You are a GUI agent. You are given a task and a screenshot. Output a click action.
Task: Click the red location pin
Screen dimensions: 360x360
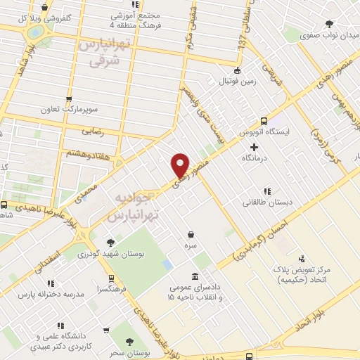pos(181,165)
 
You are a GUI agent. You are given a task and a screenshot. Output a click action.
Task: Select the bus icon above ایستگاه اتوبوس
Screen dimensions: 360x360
pos(264,120)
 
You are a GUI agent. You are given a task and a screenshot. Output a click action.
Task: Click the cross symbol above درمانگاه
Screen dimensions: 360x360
pos(254,147)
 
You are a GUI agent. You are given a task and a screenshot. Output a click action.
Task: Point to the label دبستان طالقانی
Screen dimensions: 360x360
pos(266,203)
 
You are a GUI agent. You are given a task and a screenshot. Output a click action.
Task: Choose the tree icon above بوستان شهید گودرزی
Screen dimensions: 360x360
pos(110,243)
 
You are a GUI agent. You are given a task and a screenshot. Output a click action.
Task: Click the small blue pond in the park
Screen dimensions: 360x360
pos(167,264)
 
